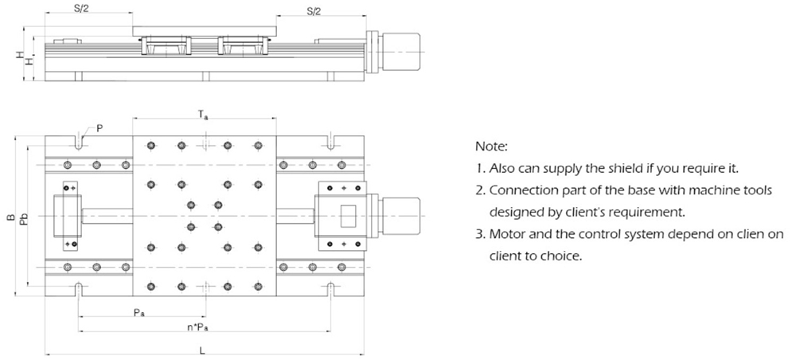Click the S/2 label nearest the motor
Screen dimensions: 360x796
pyautogui.click(x=314, y=10)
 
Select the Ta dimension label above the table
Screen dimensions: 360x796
pyautogui.click(x=204, y=116)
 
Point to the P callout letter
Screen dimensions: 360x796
pyautogui.click(x=99, y=127)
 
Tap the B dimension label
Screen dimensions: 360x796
pyautogui.click(x=10, y=217)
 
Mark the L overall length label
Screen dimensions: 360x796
pyautogui.click(x=203, y=349)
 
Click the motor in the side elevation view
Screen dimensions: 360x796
pyautogui.click(x=402, y=51)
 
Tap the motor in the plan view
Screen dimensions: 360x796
pyautogui.click(x=402, y=215)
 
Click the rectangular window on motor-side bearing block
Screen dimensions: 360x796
pyautogui.click(x=349, y=216)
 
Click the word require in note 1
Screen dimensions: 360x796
pyautogui.click(x=706, y=169)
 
